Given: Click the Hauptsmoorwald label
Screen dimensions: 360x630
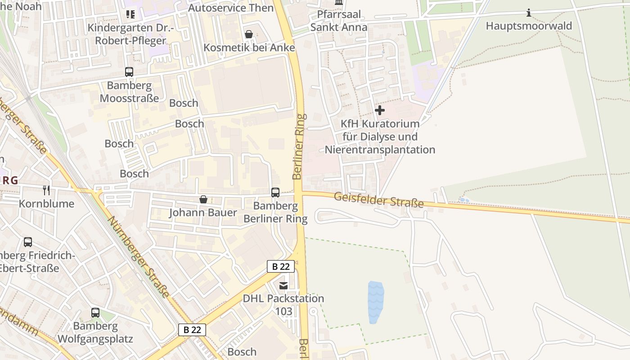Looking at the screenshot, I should point(529,26).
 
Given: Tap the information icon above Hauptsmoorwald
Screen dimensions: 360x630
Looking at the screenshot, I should point(529,13).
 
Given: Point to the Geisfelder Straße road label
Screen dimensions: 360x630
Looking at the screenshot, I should point(379,200).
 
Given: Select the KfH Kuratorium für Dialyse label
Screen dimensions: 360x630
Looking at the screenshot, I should point(380,136).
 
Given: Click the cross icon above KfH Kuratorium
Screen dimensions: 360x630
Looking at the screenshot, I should point(380,110).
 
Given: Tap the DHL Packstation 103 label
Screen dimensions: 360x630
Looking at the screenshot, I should point(283,305).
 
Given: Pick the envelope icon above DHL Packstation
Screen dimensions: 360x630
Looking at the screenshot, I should point(283,285).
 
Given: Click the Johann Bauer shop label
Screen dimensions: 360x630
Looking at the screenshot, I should point(203,212).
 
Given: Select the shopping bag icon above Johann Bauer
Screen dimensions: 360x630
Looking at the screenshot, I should point(203,199).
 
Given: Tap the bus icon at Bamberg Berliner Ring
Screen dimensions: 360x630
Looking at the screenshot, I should point(275,193).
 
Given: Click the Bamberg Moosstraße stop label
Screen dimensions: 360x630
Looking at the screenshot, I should point(129,92).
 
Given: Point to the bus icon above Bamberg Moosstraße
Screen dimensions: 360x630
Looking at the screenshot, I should point(129,72).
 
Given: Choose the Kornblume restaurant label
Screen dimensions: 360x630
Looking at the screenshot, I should point(46,203).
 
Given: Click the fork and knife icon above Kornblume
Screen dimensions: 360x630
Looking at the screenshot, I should point(46,190).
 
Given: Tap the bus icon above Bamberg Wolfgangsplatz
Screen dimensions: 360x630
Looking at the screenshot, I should point(95,312).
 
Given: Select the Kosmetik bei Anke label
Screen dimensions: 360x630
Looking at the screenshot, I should point(249,48).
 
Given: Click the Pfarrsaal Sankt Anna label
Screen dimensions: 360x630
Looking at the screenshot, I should point(338,21).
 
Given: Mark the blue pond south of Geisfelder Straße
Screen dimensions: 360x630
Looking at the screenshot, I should point(376,302).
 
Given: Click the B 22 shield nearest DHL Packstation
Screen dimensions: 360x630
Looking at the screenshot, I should point(281,266).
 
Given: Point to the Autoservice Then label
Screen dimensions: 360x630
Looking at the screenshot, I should point(230,8).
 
